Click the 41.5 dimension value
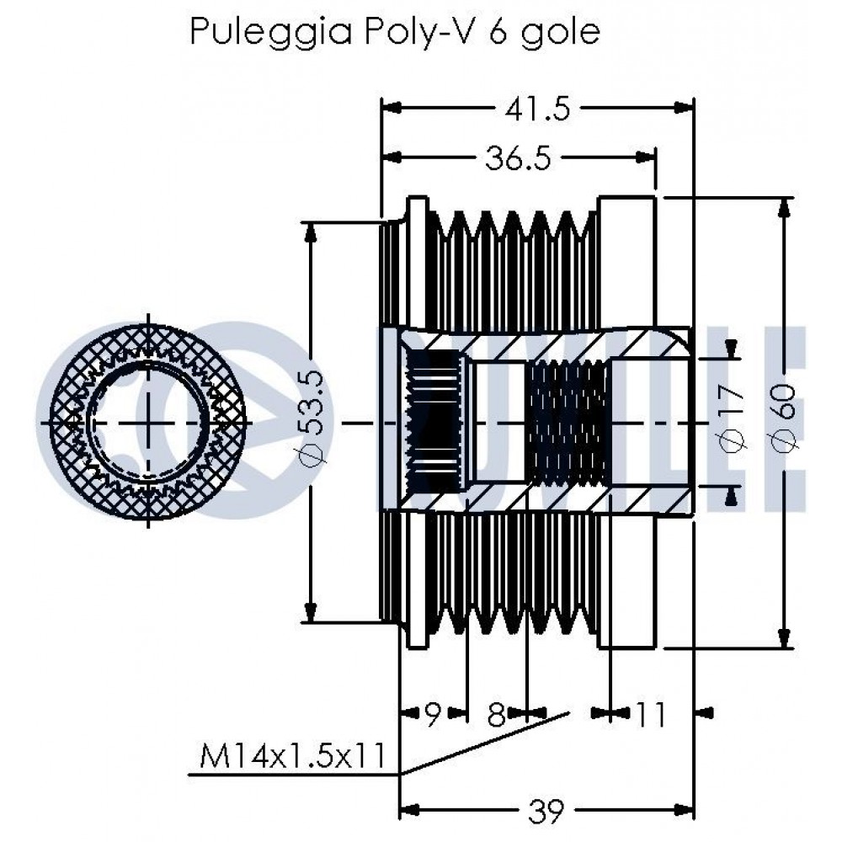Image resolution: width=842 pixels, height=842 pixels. point(537,109)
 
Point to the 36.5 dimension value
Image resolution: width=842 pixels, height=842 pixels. point(518,158)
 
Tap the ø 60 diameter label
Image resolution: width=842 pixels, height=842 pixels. point(785,418)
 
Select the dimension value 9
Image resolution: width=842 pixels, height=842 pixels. point(433,714)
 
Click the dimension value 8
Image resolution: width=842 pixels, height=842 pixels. point(496,715)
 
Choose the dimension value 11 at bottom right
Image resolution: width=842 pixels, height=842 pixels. point(650,714)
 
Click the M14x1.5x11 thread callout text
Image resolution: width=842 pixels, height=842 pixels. point(293,755)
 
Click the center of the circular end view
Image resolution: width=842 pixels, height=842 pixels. point(148,423)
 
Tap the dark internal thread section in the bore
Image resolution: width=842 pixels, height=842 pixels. point(568,423)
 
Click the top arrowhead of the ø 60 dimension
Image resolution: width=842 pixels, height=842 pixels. point(786,208)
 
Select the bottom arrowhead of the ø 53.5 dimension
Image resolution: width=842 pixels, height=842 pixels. point(310,611)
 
